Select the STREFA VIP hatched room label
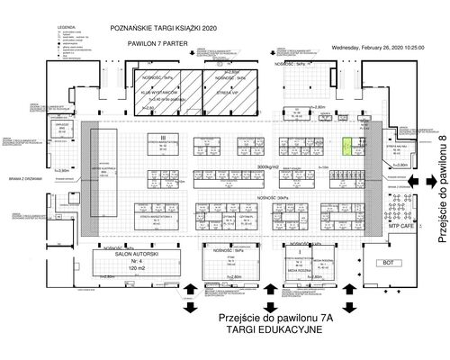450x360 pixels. pos(227,92)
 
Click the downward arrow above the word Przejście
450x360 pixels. pos(190,309)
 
